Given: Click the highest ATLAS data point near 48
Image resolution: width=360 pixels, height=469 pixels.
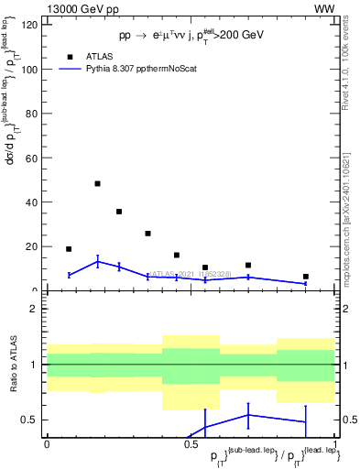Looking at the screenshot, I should pyautogui.click(x=98, y=183).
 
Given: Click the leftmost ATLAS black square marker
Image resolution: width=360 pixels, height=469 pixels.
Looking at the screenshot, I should pyautogui.click(x=69, y=249).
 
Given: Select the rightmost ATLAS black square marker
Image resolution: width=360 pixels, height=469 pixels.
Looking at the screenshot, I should pyautogui.click(x=306, y=277).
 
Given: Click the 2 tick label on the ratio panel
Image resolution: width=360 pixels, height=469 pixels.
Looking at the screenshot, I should pyautogui.click(x=35, y=309).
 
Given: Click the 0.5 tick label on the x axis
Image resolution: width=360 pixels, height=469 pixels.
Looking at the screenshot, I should pyautogui.click(x=191, y=444).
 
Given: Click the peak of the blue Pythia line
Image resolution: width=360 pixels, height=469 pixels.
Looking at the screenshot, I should pyautogui.click(x=98, y=261).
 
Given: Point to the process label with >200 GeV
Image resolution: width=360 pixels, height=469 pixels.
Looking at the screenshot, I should pyautogui.click(x=191, y=35).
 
